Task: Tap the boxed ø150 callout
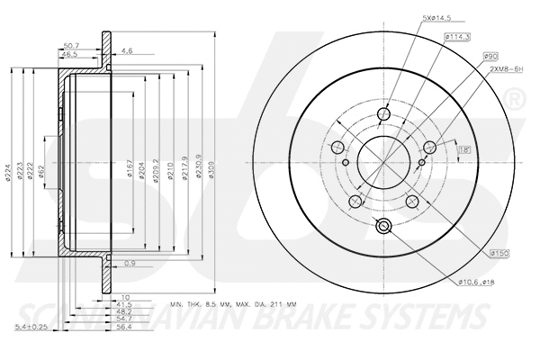click(501, 255)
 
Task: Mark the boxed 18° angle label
click(464, 149)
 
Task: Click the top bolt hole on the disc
click(383, 115)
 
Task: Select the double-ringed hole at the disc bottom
click(383, 227)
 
